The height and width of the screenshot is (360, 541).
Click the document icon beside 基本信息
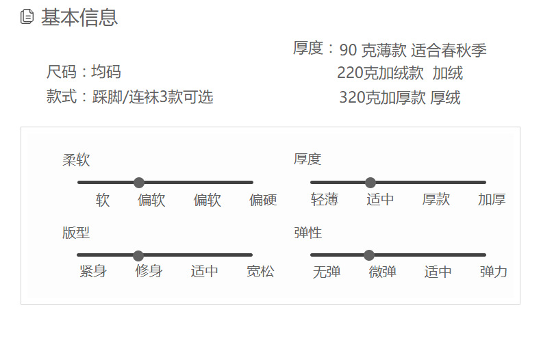[x=27, y=17]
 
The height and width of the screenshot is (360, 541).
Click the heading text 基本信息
[x=79, y=18]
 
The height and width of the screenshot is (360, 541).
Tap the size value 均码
[x=106, y=72]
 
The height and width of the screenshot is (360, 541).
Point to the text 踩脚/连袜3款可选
[x=153, y=97]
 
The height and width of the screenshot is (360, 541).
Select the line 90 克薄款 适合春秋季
[x=412, y=50]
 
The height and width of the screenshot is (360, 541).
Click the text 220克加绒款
[x=380, y=73]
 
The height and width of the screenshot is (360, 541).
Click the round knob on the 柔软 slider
[x=139, y=183]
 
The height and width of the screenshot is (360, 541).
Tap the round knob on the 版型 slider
[x=138, y=255]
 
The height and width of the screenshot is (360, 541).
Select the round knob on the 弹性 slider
[x=369, y=255]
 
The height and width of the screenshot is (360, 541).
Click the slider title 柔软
[x=76, y=160]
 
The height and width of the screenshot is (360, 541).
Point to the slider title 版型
[x=76, y=233]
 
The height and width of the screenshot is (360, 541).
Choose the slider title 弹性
[x=307, y=233]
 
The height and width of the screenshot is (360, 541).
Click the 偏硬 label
[x=263, y=200]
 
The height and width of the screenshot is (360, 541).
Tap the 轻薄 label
[x=325, y=200]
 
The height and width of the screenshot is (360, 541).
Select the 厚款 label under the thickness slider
[x=436, y=200]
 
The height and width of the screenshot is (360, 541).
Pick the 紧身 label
[x=93, y=271]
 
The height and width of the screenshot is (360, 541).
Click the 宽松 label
[x=260, y=271]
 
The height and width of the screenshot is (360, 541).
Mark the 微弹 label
[x=383, y=272]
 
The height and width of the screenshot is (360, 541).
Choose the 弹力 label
[x=494, y=272]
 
